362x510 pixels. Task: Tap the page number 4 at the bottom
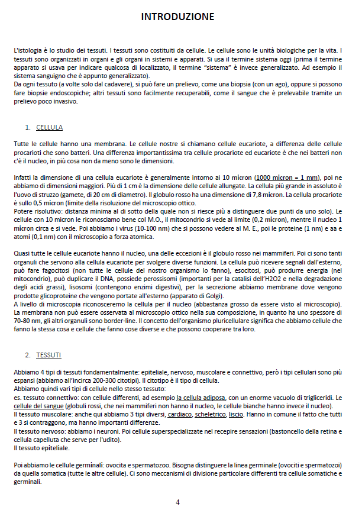click(x=177, y=502)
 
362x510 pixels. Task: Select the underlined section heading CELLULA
click(x=49, y=127)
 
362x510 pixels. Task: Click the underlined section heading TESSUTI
click(x=48, y=355)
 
